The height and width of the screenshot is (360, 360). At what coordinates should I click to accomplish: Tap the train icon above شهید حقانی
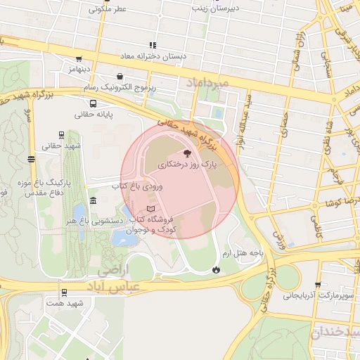[61, 135]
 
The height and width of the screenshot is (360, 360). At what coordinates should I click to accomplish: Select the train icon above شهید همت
[65, 292]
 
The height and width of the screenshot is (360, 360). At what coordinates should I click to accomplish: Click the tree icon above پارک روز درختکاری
[186, 153]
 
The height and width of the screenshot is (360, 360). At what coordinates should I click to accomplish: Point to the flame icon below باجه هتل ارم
[216, 268]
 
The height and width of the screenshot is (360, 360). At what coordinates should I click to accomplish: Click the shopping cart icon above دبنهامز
[79, 59]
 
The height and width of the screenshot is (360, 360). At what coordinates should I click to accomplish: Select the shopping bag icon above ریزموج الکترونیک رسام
[120, 76]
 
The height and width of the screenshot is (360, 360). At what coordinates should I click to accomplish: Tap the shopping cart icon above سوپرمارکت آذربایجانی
[318, 285]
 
